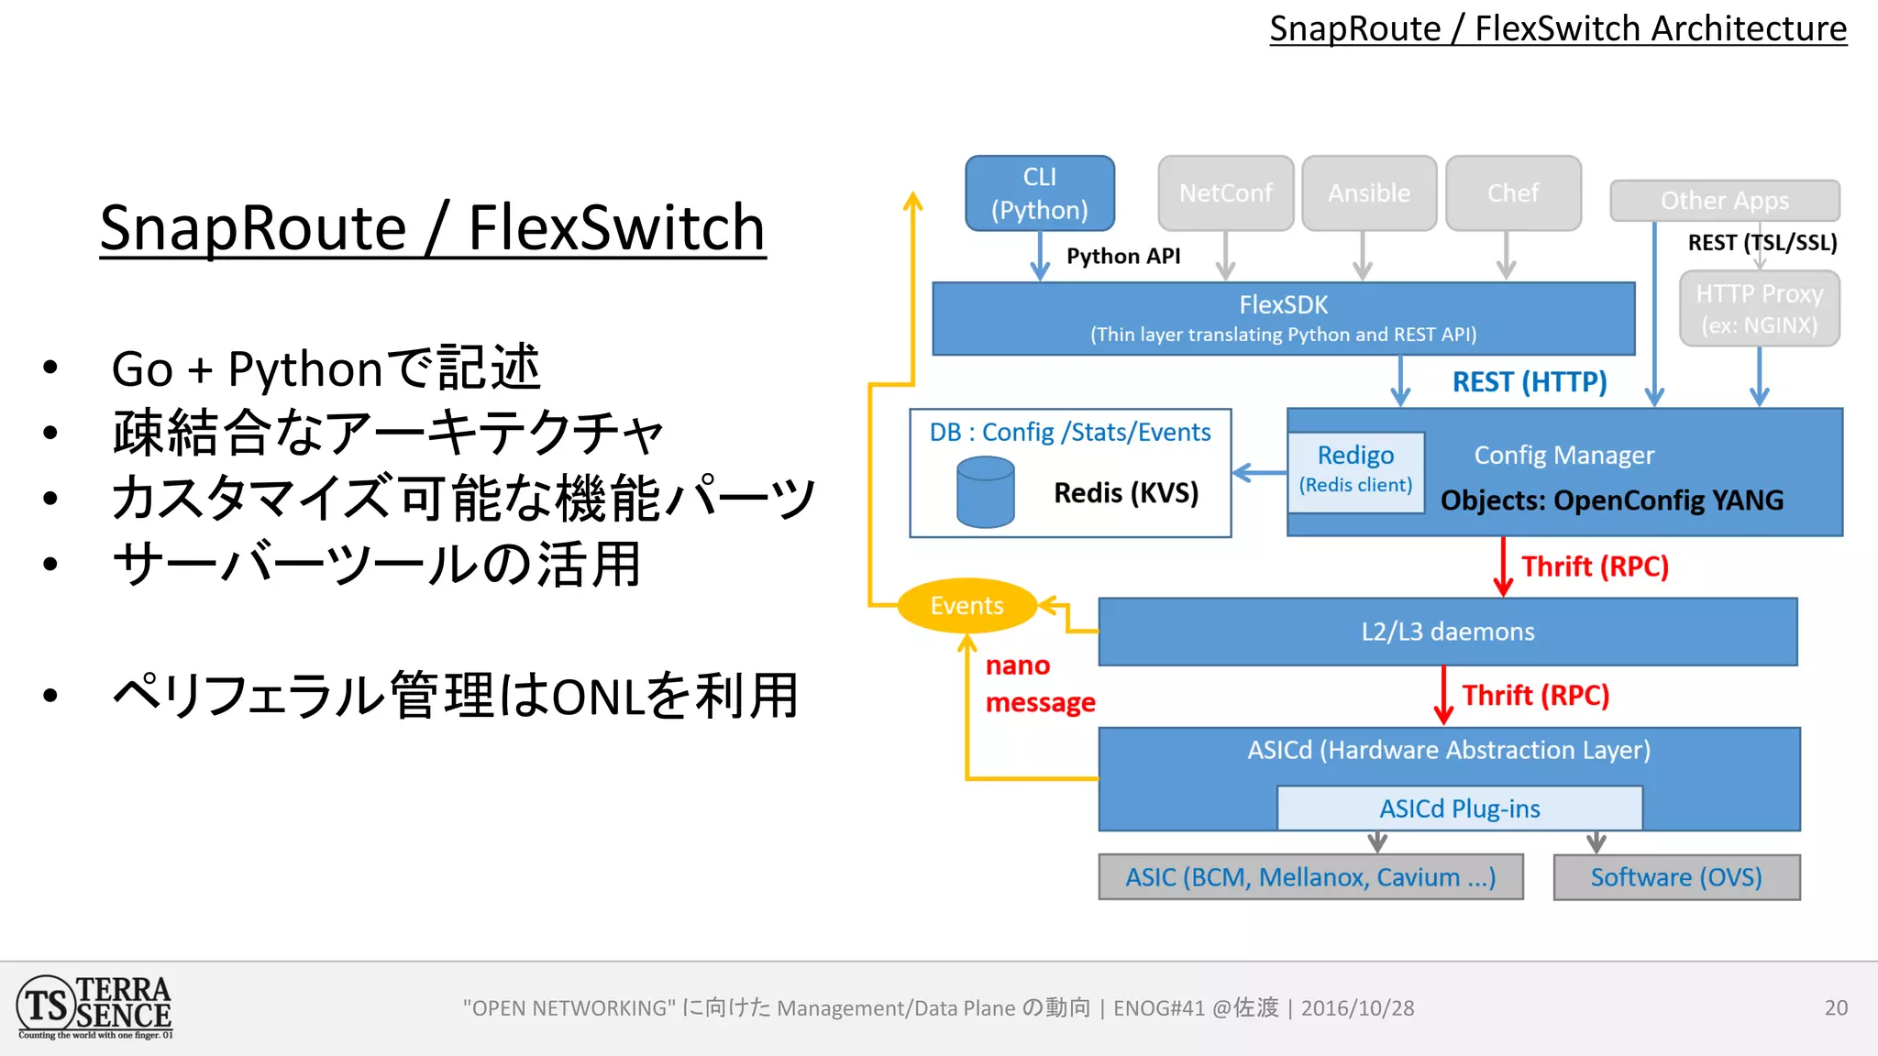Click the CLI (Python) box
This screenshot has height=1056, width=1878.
[1040, 193]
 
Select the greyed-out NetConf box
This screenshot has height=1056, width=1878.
[1225, 193]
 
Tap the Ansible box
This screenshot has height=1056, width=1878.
[1369, 193]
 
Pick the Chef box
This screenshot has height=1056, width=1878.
[1513, 193]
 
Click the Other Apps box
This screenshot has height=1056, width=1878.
[1724, 201]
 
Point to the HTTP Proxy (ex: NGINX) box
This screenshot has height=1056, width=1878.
[1759, 309]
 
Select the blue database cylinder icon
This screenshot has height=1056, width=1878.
[985, 493]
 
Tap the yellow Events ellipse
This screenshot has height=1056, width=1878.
[967, 606]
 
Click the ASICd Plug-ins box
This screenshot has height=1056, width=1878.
[1459, 808]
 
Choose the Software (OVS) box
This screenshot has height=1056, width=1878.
[1676, 877]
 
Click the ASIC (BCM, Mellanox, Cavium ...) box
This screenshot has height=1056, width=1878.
[1310, 877]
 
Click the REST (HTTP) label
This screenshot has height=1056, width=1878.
[1530, 382]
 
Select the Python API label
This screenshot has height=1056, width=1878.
[1122, 257]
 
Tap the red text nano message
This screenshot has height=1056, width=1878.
[1039, 684]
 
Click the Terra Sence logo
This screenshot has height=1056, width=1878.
[94, 1007]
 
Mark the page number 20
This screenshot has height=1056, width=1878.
[1836, 1008]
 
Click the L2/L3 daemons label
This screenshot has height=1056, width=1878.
[1447, 632]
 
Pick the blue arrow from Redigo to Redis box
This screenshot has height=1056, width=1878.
[1259, 473]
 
